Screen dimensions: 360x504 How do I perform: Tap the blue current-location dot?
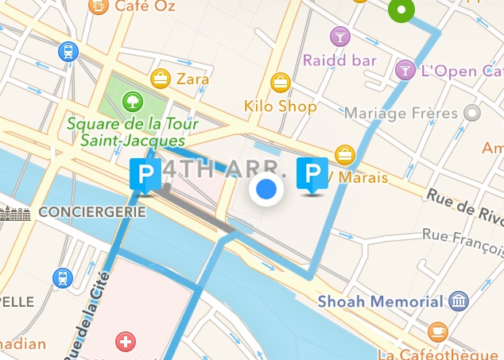(x=266, y=189)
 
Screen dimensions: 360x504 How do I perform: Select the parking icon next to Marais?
(x=312, y=174)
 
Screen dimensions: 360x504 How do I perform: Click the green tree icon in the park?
(x=132, y=101)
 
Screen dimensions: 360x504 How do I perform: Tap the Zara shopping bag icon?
(x=161, y=79)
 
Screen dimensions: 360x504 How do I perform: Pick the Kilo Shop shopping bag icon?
(x=280, y=82)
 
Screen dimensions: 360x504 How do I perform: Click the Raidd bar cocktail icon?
(x=339, y=36)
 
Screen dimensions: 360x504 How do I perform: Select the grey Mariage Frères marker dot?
(x=472, y=113)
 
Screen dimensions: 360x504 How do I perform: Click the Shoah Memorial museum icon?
(x=458, y=300)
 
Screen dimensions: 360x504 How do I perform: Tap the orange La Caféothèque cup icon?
(x=437, y=331)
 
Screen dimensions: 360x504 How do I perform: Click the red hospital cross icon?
(x=125, y=343)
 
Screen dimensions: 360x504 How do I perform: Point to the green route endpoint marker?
(x=402, y=10)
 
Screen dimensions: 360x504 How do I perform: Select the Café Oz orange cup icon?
(x=98, y=6)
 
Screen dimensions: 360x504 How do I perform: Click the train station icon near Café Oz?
(x=68, y=52)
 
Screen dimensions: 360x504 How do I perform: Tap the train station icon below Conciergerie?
(x=62, y=278)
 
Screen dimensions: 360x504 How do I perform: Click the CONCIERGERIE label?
(x=92, y=212)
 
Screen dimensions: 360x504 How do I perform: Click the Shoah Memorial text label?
(x=379, y=301)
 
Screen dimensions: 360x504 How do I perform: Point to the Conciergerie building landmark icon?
(x=15, y=213)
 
